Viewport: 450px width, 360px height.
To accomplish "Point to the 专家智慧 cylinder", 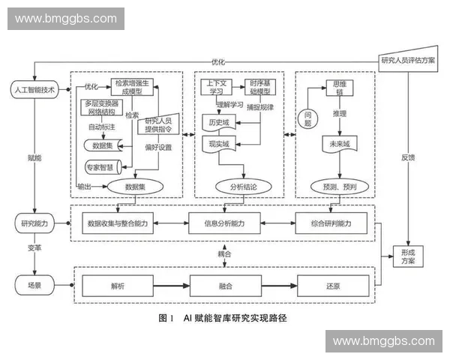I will [x=103, y=166].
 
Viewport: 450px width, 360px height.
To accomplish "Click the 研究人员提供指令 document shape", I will [x=157, y=123].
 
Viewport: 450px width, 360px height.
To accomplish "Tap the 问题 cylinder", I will [x=308, y=118].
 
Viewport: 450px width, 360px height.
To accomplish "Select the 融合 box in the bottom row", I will [x=225, y=286].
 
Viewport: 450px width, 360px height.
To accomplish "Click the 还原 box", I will [x=334, y=286].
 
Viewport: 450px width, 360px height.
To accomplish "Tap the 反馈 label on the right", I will [x=407, y=157].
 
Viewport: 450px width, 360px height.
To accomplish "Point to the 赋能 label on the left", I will [x=34, y=158].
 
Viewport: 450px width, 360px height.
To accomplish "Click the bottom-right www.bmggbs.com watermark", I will [x=383, y=341].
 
